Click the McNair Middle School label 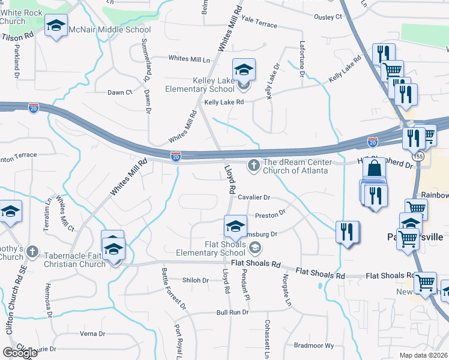point(109,29)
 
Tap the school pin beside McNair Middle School point(56,26)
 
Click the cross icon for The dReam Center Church point(254,165)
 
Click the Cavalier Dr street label point(254,197)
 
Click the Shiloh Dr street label point(195,280)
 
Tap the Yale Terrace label point(259,25)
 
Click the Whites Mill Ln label point(189,59)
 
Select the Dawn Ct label point(119,92)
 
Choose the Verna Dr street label point(92,334)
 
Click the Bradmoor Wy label point(313,345)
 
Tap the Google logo point(20,353)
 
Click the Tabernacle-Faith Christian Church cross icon point(33,253)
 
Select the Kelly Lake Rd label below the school point(224,103)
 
